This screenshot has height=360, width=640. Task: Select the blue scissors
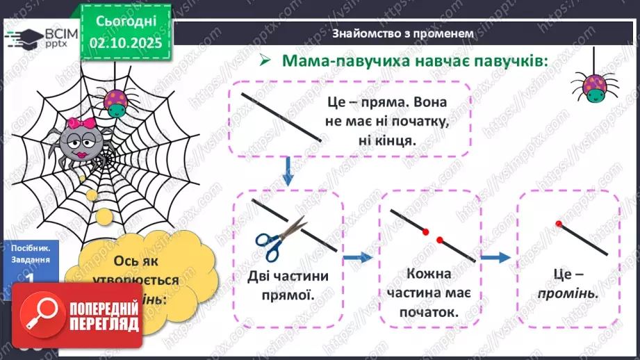(280, 234)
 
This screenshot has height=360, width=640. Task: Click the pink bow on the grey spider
(88, 124)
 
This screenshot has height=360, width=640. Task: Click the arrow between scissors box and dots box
(357, 258)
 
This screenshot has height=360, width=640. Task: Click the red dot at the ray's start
(559, 224)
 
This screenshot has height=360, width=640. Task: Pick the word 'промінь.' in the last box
(568, 294)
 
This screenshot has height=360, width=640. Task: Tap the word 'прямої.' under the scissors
(287, 295)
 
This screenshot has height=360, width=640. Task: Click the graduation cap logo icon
(25, 36)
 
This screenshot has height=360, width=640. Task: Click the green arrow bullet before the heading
(264, 61)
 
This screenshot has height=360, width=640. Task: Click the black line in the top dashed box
(281, 116)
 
